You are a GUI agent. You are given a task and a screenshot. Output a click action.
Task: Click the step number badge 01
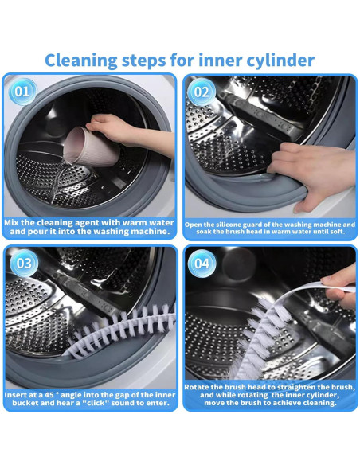(x=22, y=91)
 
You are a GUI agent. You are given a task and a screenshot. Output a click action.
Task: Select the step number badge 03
(x=22, y=264)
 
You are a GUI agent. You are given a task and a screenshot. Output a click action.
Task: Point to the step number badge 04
(x=202, y=264)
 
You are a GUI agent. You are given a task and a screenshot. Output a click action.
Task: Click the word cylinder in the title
(x=275, y=60)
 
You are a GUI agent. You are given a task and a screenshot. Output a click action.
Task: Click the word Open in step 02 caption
(x=195, y=225)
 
